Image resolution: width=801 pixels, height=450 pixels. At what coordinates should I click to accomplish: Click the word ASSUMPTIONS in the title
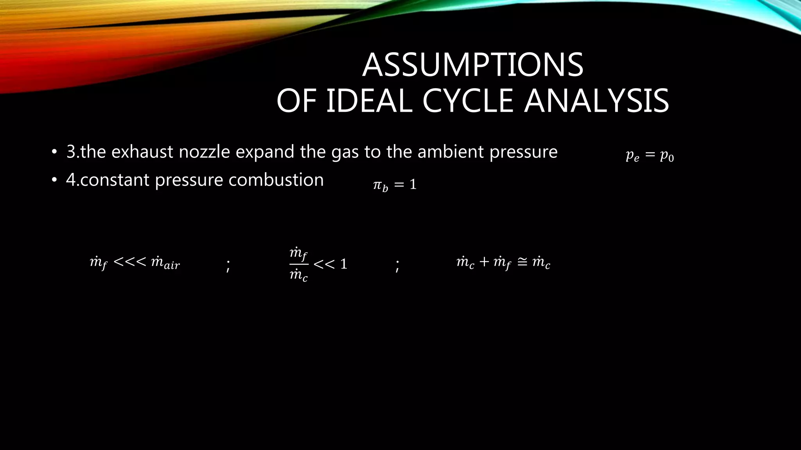pyautogui.click(x=472, y=65)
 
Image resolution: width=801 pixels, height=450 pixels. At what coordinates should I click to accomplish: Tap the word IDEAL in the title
pyautogui.click(x=369, y=101)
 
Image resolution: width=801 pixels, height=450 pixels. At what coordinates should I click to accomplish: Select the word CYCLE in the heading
pyautogui.click(x=467, y=101)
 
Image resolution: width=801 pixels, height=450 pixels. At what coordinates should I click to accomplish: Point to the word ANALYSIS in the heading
pyautogui.click(x=596, y=101)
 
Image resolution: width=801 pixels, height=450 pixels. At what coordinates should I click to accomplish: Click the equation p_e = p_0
pyautogui.click(x=650, y=155)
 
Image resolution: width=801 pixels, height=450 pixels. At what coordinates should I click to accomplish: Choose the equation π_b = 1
pyautogui.click(x=395, y=185)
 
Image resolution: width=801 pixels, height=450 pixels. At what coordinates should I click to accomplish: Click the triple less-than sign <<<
pyautogui.click(x=129, y=262)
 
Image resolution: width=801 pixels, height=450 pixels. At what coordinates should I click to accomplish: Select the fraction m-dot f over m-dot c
pyautogui.click(x=298, y=264)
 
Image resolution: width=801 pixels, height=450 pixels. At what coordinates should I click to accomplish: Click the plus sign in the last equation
pyautogui.click(x=484, y=262)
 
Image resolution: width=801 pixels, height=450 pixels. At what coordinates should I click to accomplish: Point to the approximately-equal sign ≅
pyautogui.click(x=522, y=262)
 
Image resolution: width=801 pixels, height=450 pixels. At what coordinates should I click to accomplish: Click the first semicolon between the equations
pyautogui.click(x=228, y=266)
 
